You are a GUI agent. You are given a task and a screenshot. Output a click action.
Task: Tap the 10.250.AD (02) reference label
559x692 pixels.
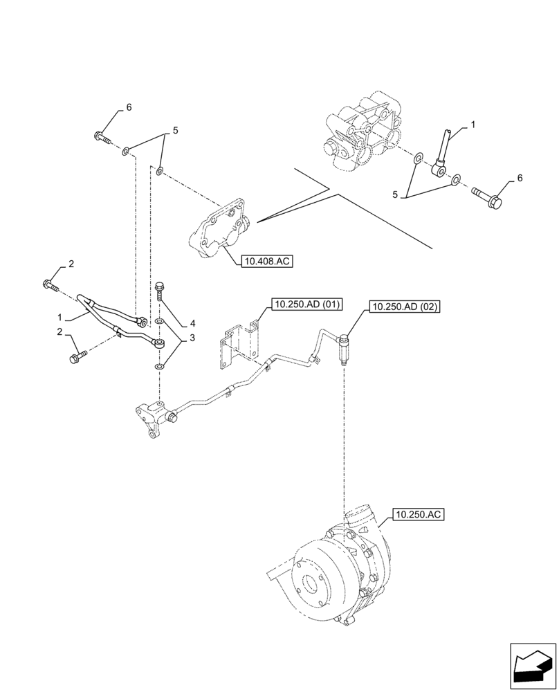[x=405, y=306]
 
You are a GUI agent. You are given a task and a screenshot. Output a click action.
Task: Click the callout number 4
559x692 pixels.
[x=193, y=323]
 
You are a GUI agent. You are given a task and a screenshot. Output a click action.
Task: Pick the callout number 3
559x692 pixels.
[x=193, y=338]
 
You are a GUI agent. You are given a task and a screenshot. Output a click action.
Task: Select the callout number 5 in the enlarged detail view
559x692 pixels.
[x=396, y=195]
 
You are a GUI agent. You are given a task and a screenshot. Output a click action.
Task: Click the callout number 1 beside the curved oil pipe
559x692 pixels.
[x=60, y=317]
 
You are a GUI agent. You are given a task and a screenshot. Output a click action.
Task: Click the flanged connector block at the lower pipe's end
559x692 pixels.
[x=154, y=417]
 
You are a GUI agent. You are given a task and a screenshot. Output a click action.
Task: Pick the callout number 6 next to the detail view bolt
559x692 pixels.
[x=520, y=178]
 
